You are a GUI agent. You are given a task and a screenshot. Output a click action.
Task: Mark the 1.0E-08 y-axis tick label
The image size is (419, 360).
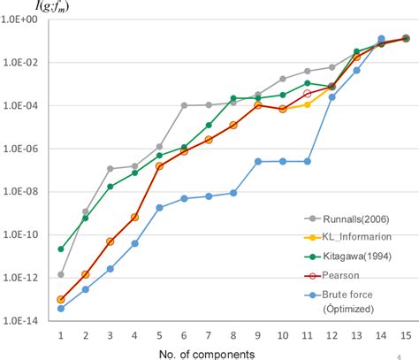click(21, 192)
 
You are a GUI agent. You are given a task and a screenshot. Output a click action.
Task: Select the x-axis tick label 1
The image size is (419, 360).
click(61, 335)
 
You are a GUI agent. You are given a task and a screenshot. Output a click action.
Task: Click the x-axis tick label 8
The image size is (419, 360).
click(233, 335)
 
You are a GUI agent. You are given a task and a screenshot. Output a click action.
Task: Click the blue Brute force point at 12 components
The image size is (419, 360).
click(331, 96)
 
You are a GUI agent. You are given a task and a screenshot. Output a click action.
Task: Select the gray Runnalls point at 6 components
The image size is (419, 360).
click(184, 105)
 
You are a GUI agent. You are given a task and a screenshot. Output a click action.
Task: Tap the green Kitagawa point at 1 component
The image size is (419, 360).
click(61, 249)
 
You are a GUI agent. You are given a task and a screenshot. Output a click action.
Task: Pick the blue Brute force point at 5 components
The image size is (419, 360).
click(159, 208)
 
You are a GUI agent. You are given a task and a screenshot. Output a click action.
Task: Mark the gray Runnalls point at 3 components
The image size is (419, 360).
click(110, 168)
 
